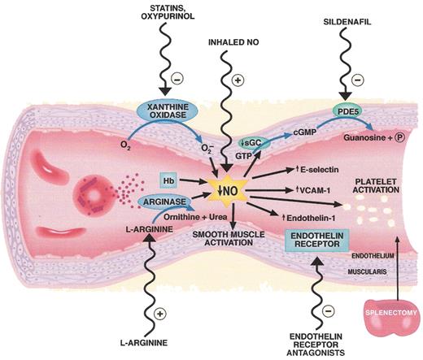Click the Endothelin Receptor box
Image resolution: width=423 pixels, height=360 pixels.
313,241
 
